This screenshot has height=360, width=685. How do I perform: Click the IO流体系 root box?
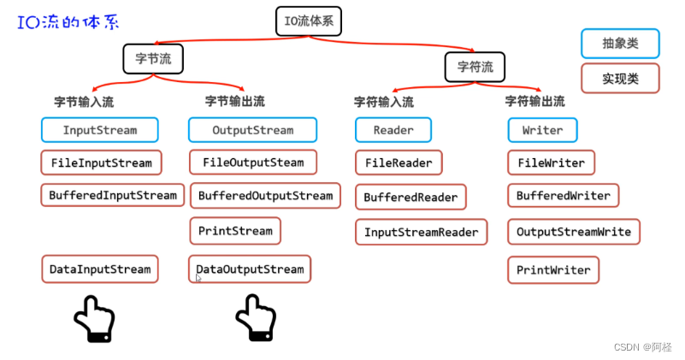pyautogui.click(x=309, y=21)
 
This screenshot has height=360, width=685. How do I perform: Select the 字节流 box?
pyautogui.click(x=153, y=58)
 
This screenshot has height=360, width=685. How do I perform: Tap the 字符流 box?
pyautogui.click(x=475, y=66)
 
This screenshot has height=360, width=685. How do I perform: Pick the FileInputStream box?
pyautogui.click(x=101, y=162)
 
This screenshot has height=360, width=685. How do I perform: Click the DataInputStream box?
pyautogui.click(x=100, y=269)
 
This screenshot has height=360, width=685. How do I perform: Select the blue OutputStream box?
pyautogui.click(x=252, y=130)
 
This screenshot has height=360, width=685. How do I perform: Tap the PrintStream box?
pyautogui.click(x=235, y=231)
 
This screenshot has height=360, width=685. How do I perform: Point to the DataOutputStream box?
pyautogui.click(x=250, y=269)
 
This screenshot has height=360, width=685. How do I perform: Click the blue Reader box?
pyautogui.click(x=393, y=130)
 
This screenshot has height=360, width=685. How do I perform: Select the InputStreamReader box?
pyautogui.click(x=422, y=232)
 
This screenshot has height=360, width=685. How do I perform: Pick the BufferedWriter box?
pyautogui.click(x=563, y=196)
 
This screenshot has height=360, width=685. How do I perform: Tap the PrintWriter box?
pyautogui.click(x=553, y=270)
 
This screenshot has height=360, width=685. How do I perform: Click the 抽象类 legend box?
pyautogui.click(x=620, y=43)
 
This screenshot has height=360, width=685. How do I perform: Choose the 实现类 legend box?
pyautogui.click(x=620, y=78)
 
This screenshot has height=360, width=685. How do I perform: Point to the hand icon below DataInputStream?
pyautogui.click(x=94, y=319)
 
